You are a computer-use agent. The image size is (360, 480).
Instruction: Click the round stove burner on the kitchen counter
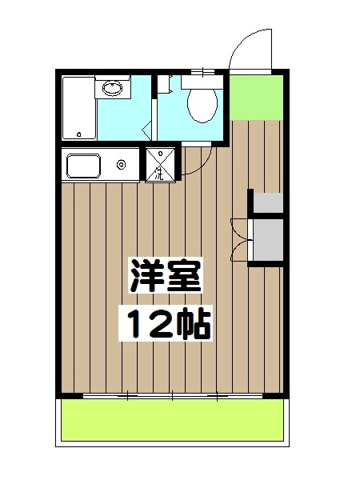[122, 166]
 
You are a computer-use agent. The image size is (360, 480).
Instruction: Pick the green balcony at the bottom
[173, 420]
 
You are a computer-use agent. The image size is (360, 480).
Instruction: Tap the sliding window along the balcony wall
[172, 395]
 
